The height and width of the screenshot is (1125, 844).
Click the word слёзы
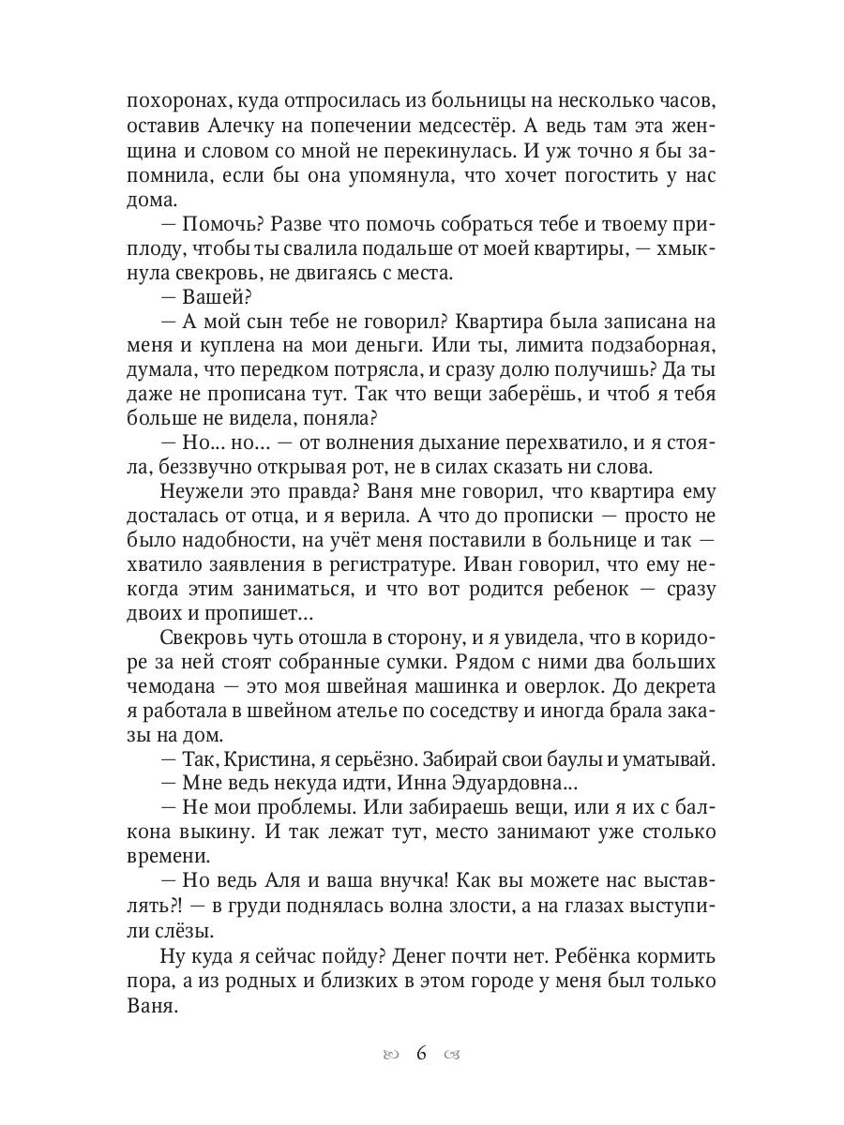click(184, 930)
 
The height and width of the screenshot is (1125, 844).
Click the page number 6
click(422, 1054)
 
